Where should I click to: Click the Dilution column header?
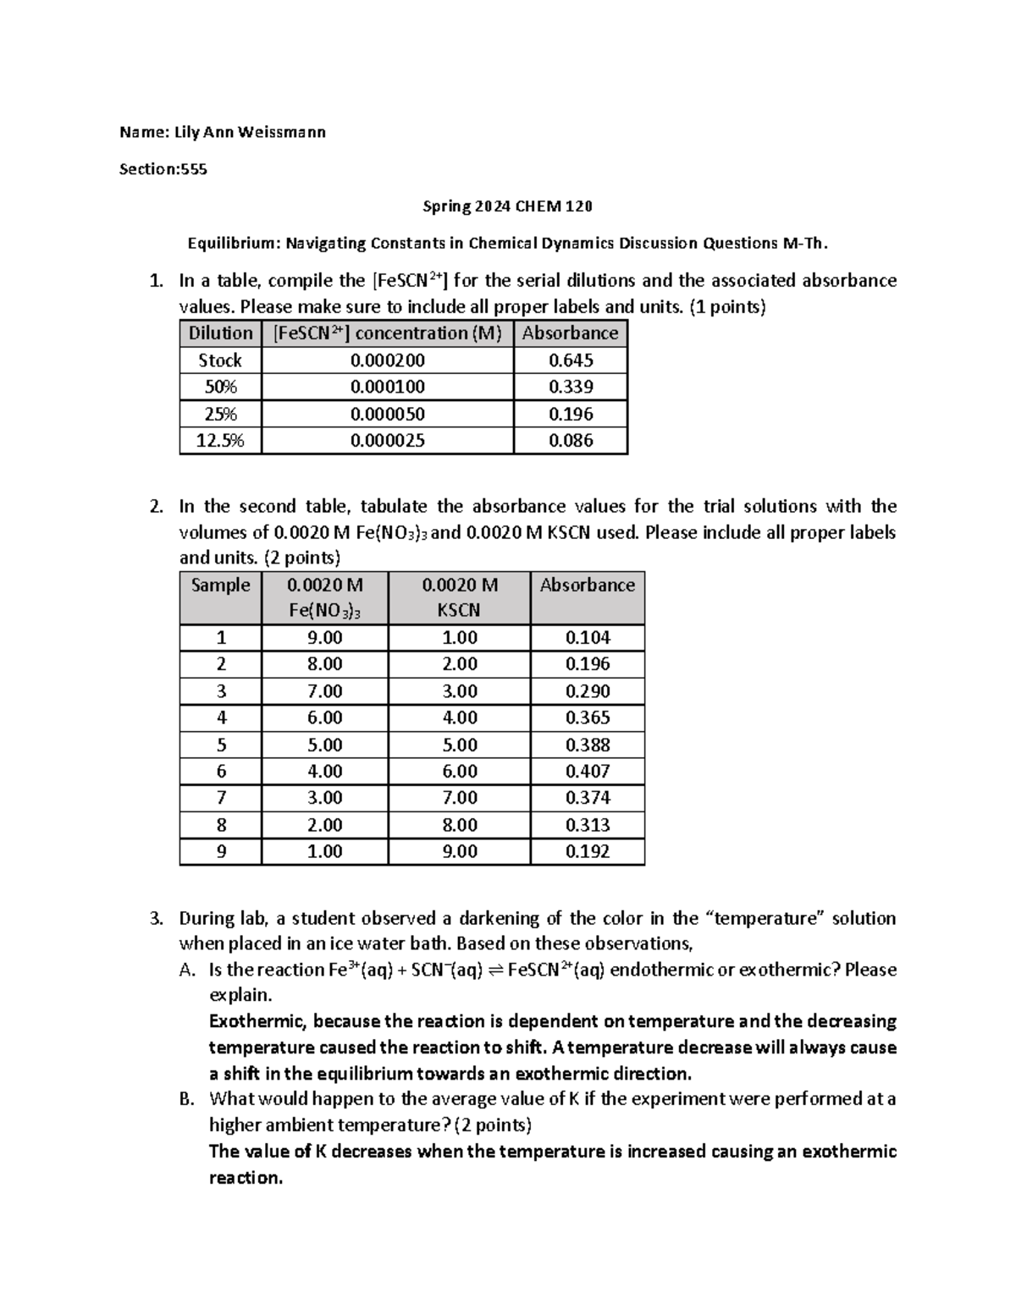coord(220,333)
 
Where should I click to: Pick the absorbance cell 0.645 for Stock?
coord(571,360)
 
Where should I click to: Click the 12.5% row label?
coord(220,440)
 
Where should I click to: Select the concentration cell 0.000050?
coord(388,414)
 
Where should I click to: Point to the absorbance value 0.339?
coord(571,387)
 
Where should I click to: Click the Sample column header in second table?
coord(221,586)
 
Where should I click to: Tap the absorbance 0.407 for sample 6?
coord(588,771)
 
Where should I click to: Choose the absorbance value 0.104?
coord(588,638)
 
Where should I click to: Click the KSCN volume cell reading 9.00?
coord(460,851)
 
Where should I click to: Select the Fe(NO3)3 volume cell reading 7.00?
coord(325,691)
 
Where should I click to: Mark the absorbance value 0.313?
coord(588,825)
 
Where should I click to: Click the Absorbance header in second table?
coord(588,586)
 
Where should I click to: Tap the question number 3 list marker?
coord(155,919)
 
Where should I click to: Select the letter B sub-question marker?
coord(187,1099)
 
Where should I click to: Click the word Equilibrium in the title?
coord(232,244)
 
